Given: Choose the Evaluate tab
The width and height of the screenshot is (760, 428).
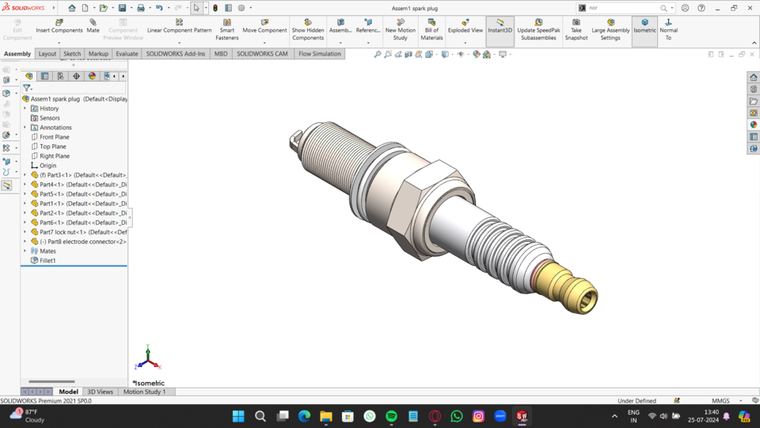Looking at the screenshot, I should [127, 54].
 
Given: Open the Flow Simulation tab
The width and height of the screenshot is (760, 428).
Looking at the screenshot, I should [319, 54].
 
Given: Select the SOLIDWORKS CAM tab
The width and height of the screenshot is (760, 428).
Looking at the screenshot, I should [262, 54].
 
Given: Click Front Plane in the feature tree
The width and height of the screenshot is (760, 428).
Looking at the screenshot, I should [54, 137].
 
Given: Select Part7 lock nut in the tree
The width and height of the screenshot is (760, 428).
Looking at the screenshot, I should [79, 232].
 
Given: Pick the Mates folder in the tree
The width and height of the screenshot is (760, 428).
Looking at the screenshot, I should [47, 251].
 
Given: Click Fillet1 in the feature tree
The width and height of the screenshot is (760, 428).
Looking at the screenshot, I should [47, 261].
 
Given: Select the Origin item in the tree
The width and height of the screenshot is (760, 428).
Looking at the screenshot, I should [47, 166].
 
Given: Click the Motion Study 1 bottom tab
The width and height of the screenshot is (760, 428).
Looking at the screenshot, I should [144, 392].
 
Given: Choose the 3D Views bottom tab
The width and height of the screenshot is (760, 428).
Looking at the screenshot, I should [100, 392].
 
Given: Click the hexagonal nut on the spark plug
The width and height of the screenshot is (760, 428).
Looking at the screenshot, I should [427, 198].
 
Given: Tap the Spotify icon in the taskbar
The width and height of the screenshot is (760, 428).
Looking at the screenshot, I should [391, 416].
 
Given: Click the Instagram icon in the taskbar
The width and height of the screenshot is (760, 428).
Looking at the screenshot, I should [478, 416].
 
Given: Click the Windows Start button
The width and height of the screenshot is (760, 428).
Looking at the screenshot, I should [238, 416].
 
